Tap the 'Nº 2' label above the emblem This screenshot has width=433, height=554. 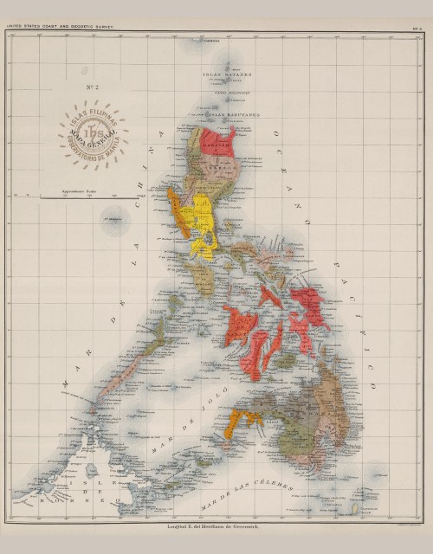90,87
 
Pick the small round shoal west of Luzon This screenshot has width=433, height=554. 114,219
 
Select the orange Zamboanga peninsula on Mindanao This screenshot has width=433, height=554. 240,422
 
